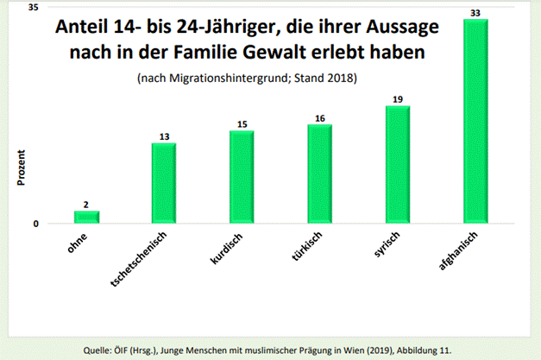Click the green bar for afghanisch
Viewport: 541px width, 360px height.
(475, 121)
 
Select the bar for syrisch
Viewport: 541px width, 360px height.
(398, 165)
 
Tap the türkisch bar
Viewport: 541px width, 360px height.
(319, 174)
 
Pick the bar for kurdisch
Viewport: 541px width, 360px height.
(242, 177)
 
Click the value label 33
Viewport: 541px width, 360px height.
(475, 12)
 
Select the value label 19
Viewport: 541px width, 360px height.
(398, 99)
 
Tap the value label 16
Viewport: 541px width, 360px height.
(319, 117)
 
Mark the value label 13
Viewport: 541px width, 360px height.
(164, 136)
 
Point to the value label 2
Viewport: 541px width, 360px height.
(86, 205)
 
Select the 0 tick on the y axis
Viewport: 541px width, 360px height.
(36, 224)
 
